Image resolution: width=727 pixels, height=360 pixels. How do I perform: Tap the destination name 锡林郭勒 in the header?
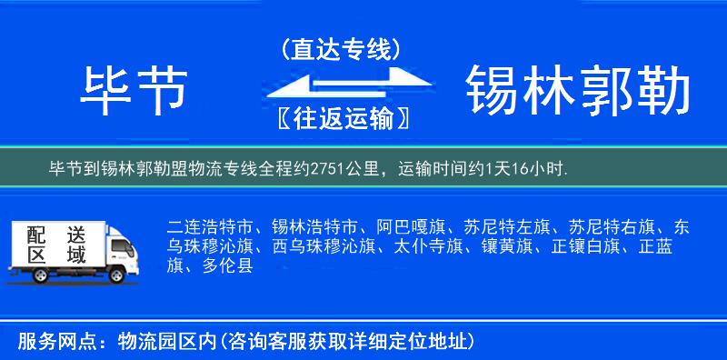(x=578, y=91)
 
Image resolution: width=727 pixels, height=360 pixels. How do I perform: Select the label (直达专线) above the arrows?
(x=341, y=49)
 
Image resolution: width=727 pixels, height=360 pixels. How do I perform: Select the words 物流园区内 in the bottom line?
(x=164, y=342)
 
